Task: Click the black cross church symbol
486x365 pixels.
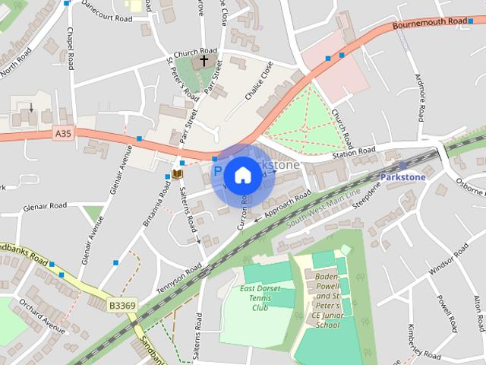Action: (x=204, y=61)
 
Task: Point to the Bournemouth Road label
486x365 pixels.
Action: (x=430, y=24)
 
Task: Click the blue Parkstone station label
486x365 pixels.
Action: (x=402, y=176)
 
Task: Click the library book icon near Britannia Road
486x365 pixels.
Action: (x=177, y=175)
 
